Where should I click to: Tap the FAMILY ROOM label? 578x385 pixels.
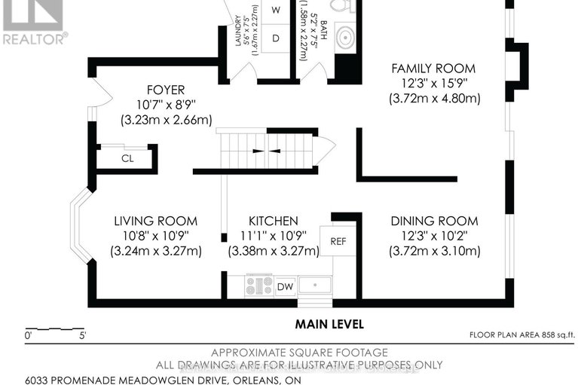pos(433,69)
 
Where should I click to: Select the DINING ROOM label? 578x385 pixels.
pos(434,221)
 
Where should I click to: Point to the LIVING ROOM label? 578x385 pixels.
pos(155,221)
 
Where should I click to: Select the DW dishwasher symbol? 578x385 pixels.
pos(285,286)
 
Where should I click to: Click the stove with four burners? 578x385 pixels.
pos(259,286)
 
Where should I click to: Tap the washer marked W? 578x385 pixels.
pos(275,10)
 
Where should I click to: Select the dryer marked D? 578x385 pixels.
pos(275,37)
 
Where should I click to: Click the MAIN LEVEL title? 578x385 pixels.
pos(329,324)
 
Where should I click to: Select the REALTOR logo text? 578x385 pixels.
pos(35,38)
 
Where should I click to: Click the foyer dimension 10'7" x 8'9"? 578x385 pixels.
pos(166,105)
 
